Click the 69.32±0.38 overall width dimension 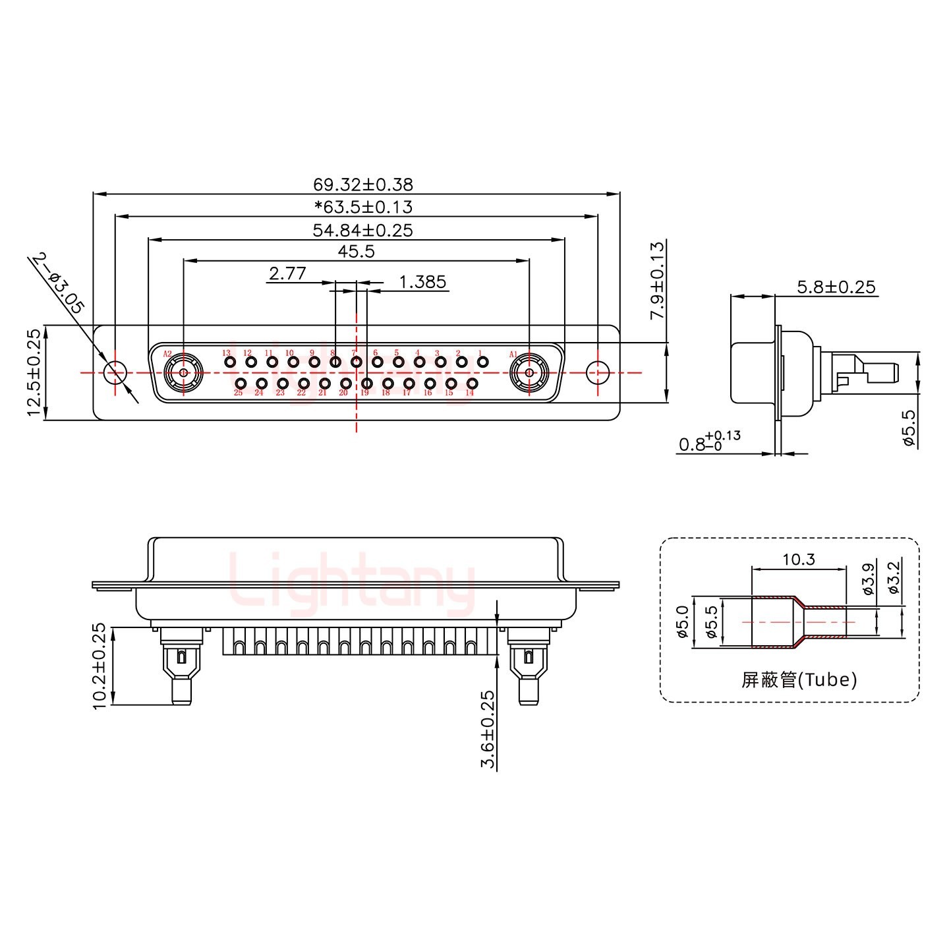[362, 185]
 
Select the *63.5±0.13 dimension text [363, 207]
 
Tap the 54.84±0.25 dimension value [362, 230]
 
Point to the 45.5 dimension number [356, 252]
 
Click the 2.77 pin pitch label [287, 273]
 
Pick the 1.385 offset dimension [422, 283]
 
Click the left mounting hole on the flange [115, 372]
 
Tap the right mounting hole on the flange [598, 372]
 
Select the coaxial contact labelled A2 [183, 373]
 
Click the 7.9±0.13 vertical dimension [657, 281]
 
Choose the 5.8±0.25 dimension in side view [836, 287]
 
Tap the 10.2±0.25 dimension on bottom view [100, 666]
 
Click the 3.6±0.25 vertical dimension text [488, 730]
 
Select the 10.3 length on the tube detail [799, 560]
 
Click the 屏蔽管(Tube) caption [799, 679]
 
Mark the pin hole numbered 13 [230, 362]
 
